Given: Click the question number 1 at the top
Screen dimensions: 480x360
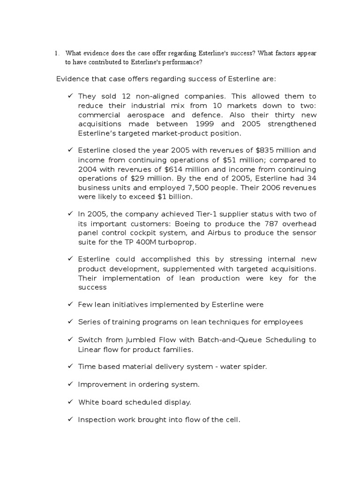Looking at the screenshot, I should tap(56, 53).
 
